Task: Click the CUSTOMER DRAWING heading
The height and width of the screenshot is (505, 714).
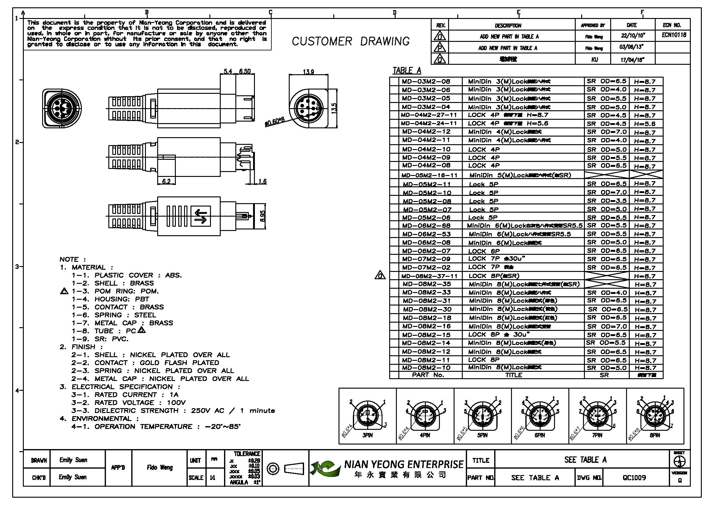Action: coord(350,41)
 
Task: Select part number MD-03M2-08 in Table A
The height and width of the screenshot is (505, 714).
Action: coord(426,82)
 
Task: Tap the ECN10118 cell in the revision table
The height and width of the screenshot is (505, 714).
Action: coord(674,35)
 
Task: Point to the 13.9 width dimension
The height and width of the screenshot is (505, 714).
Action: coord(308,72)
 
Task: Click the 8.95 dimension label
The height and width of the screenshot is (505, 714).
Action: coord(263,216)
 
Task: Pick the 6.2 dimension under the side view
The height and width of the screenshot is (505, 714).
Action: coord(166,181)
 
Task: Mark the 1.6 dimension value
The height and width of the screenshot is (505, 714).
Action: coord(263,181)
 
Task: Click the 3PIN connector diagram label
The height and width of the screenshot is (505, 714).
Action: coord(367,435)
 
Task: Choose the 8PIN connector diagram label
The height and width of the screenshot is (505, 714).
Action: coord(654,435)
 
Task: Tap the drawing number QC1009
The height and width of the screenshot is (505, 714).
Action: coord(634,477)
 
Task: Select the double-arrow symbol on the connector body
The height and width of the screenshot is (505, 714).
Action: coord(201,216)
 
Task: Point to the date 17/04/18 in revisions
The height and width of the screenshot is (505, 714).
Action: coord(632,60)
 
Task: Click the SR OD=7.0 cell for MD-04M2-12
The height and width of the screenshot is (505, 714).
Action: coord(607,132)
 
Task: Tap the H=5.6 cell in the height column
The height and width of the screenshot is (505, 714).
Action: coord(645,124)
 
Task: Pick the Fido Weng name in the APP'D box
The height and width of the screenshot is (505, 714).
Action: coord(160,467)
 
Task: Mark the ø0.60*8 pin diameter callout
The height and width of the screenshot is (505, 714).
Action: coord(275,122)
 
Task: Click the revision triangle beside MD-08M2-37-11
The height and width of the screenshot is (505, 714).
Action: coord(380,275)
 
